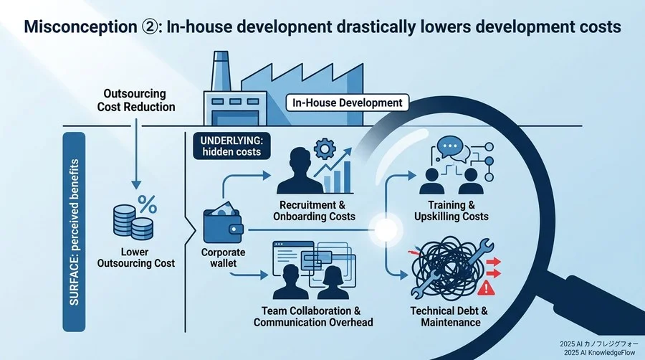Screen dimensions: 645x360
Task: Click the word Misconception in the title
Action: (80, 27)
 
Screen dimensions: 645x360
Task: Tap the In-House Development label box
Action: (347, 103)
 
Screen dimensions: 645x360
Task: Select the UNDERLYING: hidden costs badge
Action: (231, 146)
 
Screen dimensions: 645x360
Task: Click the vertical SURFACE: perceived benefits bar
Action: (74, 232)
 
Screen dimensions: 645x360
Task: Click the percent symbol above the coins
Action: (147, 204)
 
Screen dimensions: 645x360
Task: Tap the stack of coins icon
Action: (133, 222)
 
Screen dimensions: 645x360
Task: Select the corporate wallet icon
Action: (223, 224)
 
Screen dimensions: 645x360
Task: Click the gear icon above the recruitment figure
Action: (325, 149)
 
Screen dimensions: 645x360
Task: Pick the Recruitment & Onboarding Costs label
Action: (314, 211)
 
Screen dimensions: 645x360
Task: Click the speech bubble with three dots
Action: (449, 146)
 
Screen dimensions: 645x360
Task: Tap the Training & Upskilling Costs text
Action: (451, 211)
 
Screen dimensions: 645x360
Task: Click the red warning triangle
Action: (486, 287)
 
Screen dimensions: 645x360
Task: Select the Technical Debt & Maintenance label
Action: (449, 316)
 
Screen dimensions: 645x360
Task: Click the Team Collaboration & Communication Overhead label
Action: (313, 316)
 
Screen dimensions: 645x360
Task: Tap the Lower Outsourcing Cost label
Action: (135, 257)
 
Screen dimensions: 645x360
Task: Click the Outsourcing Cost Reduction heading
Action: (135, 100)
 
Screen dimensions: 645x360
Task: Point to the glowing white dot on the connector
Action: (386, 229)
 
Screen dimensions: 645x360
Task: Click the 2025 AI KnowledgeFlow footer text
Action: (599, 353)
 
